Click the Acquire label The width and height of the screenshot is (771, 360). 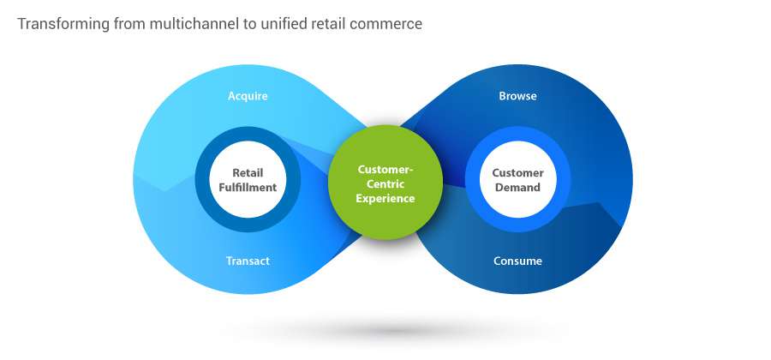point(248,96)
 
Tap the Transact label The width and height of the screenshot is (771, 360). point(248,261)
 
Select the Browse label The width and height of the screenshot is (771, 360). point(517,96)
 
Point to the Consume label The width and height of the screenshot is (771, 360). point(517,261)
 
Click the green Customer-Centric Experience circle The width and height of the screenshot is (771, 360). point(385,183)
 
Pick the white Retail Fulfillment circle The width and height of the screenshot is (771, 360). point(248,179)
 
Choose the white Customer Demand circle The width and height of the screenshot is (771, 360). point(517,179)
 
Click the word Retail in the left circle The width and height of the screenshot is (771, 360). point(248,172)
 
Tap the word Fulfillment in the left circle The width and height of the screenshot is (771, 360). point(248,188)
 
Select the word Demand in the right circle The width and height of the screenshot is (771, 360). point(517,188)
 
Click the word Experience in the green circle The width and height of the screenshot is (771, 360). point(385,198)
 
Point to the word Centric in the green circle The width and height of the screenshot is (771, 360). point(385,184)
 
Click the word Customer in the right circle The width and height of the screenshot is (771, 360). point(517,172)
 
